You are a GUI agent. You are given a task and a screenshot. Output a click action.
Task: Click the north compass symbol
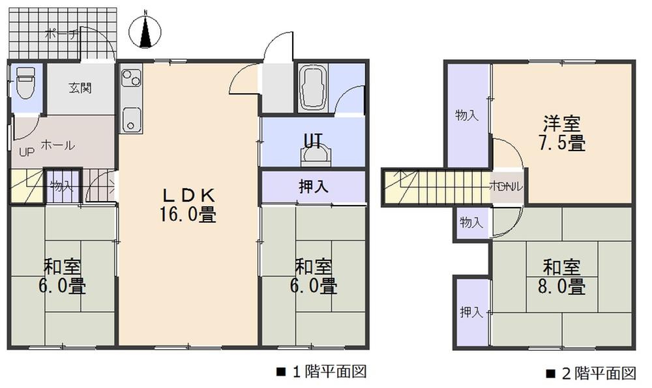point(146,31)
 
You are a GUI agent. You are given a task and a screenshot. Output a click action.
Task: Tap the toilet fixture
point(25,82)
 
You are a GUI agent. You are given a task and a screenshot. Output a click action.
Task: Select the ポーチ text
point(61,35)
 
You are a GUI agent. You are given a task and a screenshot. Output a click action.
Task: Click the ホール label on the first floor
point(57,145)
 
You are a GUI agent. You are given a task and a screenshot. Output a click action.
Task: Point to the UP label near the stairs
point(26,153)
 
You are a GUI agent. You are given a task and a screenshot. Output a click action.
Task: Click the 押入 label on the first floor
point(313,187)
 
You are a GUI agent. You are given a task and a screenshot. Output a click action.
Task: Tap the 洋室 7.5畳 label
point(562,133)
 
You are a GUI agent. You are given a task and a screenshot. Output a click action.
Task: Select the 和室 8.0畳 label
point(562,276)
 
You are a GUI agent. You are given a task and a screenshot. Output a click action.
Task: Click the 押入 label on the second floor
point(471,312)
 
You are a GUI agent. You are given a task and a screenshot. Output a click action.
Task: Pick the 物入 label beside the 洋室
point(467,115)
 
